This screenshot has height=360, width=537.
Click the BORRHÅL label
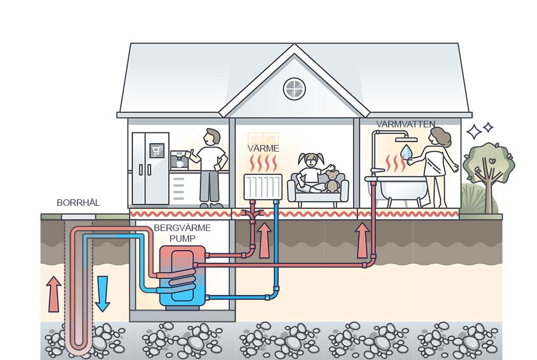click(x=78, y=203)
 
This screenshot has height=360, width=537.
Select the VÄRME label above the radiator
click(x=263, y=148)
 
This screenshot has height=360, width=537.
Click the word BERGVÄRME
click(x=182, y=228)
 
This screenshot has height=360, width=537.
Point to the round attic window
click(x=294, y=89)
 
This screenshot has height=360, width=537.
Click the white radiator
click(x=263, y=186)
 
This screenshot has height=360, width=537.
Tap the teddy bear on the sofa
click(x=332, y=182)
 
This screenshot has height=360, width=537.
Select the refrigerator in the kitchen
click(x=150, y=168)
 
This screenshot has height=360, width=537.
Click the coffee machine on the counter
click(x=178, y=159)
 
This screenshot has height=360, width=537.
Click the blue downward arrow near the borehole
click(x=102, y=293)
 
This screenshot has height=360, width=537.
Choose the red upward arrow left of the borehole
click(x=53, y=293)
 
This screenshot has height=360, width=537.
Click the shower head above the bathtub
click(x=406, y=139)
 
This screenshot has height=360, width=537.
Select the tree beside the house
click(x=488, y=172)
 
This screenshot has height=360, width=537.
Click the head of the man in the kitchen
click(x=213, y=136)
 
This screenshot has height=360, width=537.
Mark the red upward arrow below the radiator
click(x=264, y=240)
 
